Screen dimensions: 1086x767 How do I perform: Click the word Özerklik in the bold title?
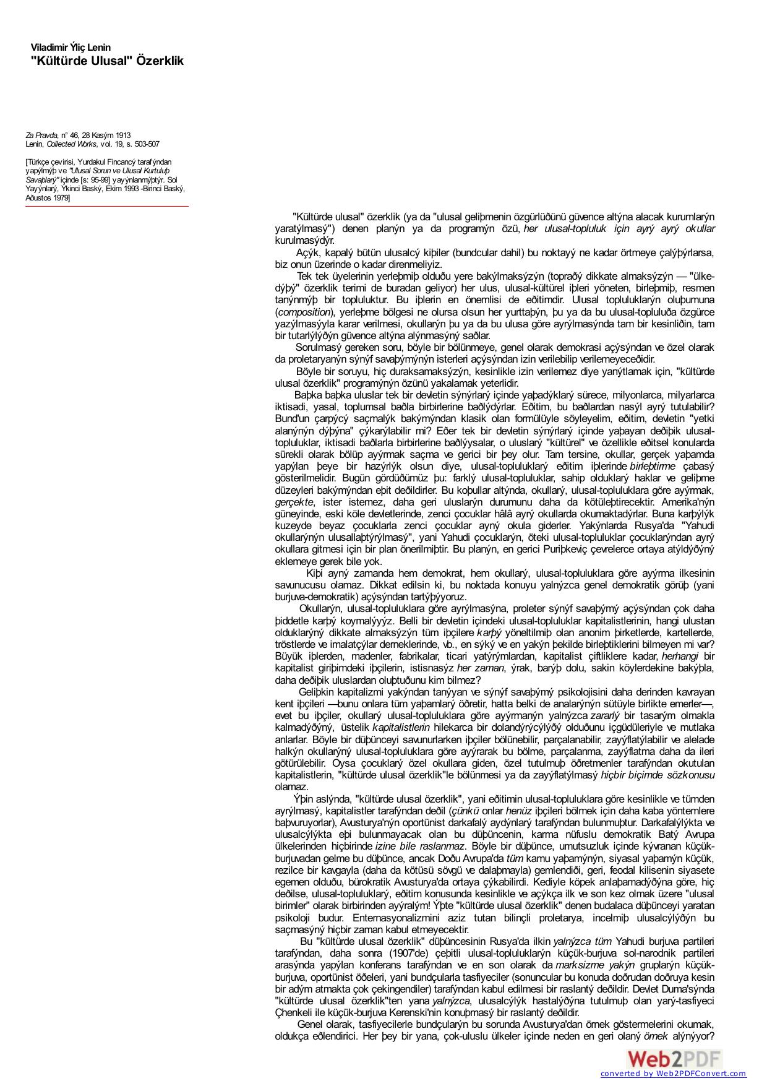[160, 61]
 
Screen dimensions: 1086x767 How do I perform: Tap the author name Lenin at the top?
[99, 48]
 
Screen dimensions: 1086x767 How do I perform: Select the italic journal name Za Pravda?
[41, 135]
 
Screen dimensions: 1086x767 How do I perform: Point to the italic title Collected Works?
[72, 144]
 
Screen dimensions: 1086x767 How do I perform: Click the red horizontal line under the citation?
[106, 206]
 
